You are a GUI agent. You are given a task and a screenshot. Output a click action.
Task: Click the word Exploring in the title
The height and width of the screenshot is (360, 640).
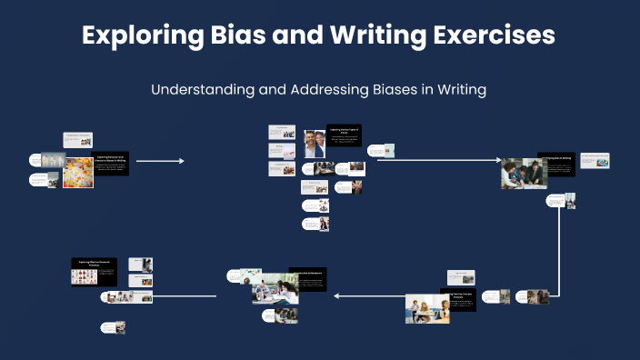(135, 35)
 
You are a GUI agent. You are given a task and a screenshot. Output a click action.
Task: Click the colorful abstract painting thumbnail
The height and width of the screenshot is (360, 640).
(77, 173)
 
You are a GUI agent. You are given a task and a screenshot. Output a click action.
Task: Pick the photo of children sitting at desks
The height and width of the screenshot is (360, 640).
(426, 310)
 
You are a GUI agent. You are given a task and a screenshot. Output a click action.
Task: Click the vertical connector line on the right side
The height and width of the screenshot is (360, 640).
(558, 245)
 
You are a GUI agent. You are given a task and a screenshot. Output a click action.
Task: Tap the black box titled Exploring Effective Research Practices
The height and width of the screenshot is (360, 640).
(95, 264)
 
